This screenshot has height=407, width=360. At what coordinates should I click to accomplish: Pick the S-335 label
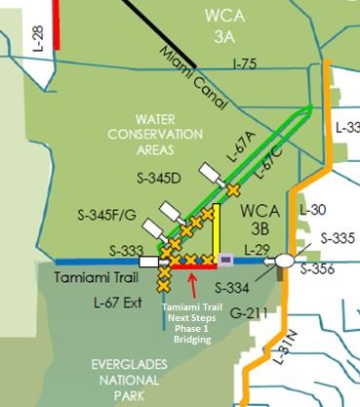coord(338,237)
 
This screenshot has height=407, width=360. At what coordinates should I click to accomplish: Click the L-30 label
coord(313,210)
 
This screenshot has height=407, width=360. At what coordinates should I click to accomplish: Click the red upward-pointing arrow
coord(194,284)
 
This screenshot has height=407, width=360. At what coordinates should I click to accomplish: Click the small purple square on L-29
coord(226,261)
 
